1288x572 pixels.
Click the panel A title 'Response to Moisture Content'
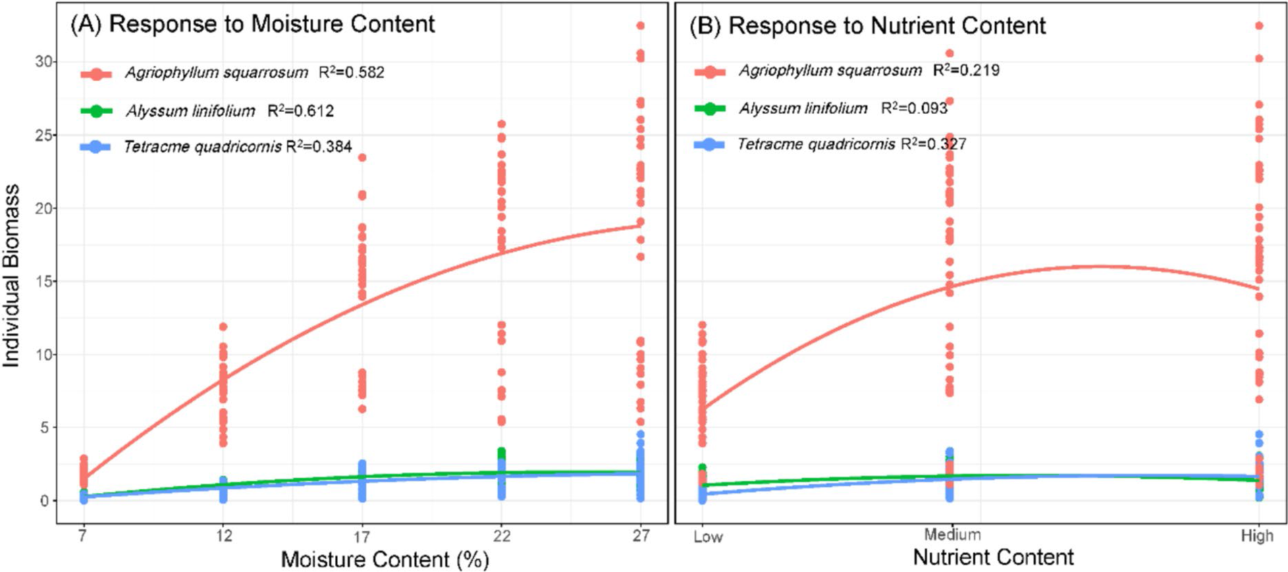point(271,24)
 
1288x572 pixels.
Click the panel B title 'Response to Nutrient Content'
point(886,26)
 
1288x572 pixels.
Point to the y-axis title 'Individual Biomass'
point(11,276)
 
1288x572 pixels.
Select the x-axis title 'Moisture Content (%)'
point(385,559)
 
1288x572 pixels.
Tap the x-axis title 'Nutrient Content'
point(993,557)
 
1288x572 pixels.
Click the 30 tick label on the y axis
point(45,61)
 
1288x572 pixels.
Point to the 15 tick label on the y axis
point(45,281)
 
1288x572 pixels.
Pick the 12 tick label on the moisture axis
point(223,536)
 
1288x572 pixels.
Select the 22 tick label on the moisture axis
point(501,536)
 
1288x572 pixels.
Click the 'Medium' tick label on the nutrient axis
point(952,535)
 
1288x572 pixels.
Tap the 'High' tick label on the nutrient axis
point(1257,536)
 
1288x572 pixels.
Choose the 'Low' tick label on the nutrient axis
point(707,537)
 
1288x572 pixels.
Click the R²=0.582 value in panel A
point(351,72)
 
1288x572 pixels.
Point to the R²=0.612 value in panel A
point(300,111)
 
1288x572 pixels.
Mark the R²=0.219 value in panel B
point(966,70)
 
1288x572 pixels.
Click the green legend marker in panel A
point(97,111)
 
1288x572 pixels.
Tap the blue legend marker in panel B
point(709,145)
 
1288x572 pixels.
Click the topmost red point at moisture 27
point(640,26)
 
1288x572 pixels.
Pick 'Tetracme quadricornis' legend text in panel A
point(203,147)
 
